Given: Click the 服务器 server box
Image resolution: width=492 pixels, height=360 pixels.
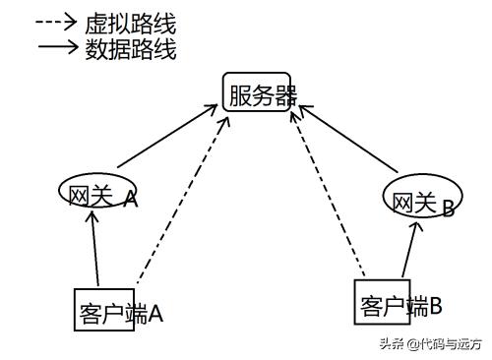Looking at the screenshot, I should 257,92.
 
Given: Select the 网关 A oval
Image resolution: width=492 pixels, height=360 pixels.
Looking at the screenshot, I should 92,193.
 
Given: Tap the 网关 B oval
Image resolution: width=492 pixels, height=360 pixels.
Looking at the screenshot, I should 412,201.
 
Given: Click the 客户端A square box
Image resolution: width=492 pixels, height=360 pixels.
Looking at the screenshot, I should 104,311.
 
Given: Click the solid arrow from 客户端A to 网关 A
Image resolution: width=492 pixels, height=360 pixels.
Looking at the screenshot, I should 95,250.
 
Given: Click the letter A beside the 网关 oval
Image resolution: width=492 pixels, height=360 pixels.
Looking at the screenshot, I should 130,199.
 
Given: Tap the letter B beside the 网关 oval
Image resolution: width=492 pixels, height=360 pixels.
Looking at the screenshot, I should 448,208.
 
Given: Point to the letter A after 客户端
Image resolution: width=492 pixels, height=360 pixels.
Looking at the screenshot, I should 154,315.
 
